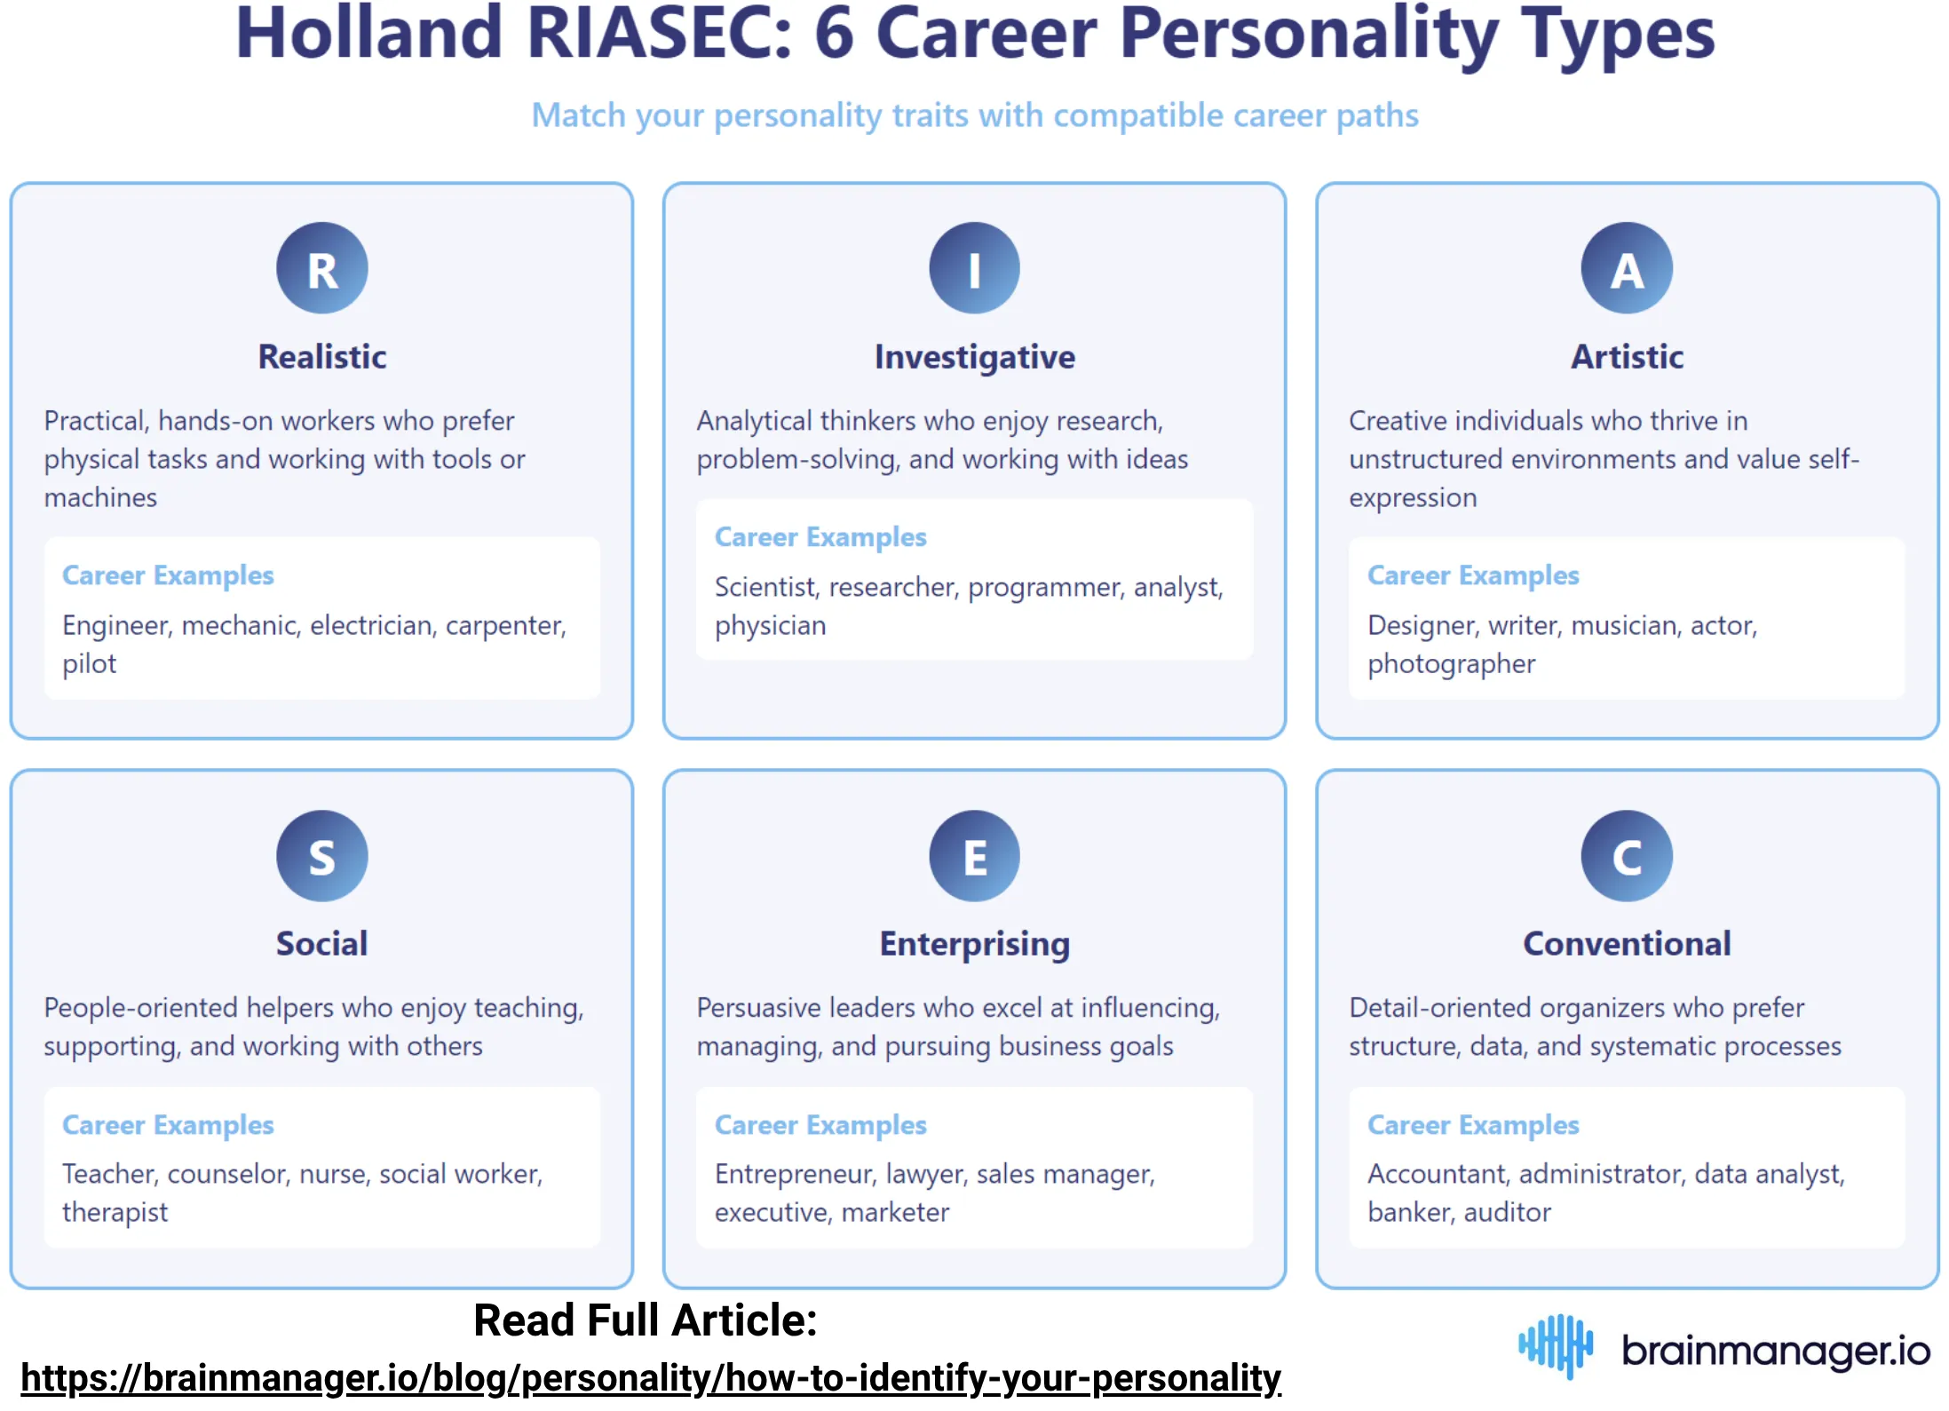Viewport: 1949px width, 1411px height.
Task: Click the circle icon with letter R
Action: pyautogui.click(x=321, y=268)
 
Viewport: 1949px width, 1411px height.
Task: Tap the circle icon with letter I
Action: pyautogui.click(x=974, y=268)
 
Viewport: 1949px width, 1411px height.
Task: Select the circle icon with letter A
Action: pyautogui.click(x=1626, y=268)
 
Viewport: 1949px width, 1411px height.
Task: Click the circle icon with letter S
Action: pyautogui.click(x=321, y=856)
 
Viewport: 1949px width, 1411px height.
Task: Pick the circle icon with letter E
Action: pyautogui.click(x=974, y=856)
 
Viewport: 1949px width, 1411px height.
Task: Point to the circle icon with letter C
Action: pyautogui.click(x=1626, y=856)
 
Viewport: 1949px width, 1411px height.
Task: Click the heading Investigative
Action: pyautogui.click(x=974, y=357)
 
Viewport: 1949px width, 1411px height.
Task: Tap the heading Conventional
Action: pyautogui.click(x=1626, y=943)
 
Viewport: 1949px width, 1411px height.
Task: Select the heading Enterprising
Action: pyautogui.click(x=974, y=943)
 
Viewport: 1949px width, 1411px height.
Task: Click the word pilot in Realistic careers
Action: pyautogui.click(x=89, y=664)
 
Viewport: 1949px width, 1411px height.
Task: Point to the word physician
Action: pyautogui.click(x=770, y=626)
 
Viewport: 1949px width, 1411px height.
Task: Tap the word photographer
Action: pyautogui.click(x=1451, y=664)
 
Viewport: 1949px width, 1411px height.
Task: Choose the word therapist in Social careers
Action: pyautogui.click(x=115, y=1212)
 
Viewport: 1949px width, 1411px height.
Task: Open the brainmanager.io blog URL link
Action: pyautogui.click(x=650, y=1378)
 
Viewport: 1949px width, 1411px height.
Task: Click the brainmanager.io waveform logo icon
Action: pyautogui.click(x=1556, y=1346)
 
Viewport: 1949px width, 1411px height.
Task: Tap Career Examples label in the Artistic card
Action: pyautogui.click(x=1472, y=575)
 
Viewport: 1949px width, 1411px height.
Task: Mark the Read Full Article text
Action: pyautogui.click(x=645, y=1320)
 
